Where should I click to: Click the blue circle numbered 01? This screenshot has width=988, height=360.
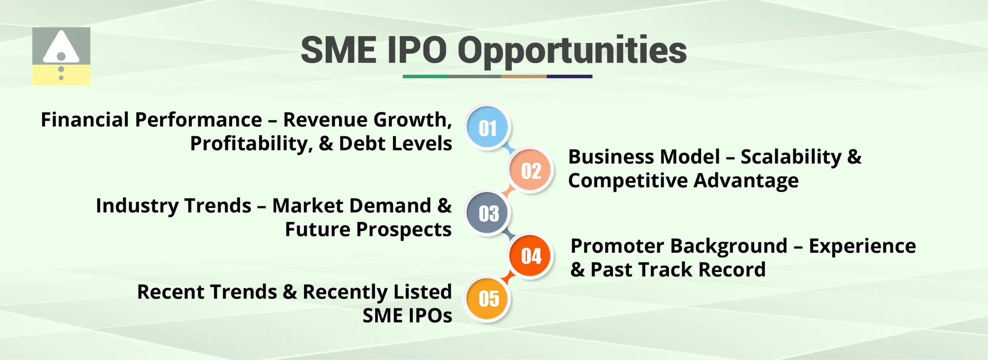click(x=487, y=128)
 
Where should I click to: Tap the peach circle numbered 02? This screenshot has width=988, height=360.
click(x=531, y=171)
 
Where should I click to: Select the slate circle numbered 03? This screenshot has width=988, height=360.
click(x=488, y=213)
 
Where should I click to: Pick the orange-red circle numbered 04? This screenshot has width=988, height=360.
click(x=531, y=256)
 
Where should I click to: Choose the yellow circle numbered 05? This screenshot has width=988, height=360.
click(x=488, y=299)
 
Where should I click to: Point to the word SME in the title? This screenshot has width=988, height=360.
click(x=338, y=50)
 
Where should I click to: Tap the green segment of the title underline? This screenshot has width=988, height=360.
click(x=425, y=76)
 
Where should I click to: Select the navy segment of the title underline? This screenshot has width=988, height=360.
click(x=569, y=76)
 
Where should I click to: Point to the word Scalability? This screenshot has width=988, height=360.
click(x=791, y=157)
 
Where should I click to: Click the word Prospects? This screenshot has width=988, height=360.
click(x=404, y=230)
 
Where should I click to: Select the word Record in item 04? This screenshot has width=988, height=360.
click(x=732, y=270)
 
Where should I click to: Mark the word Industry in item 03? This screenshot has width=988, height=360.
click(x=135, y=206)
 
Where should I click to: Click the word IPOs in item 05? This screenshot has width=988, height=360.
click(x=429, y=316)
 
